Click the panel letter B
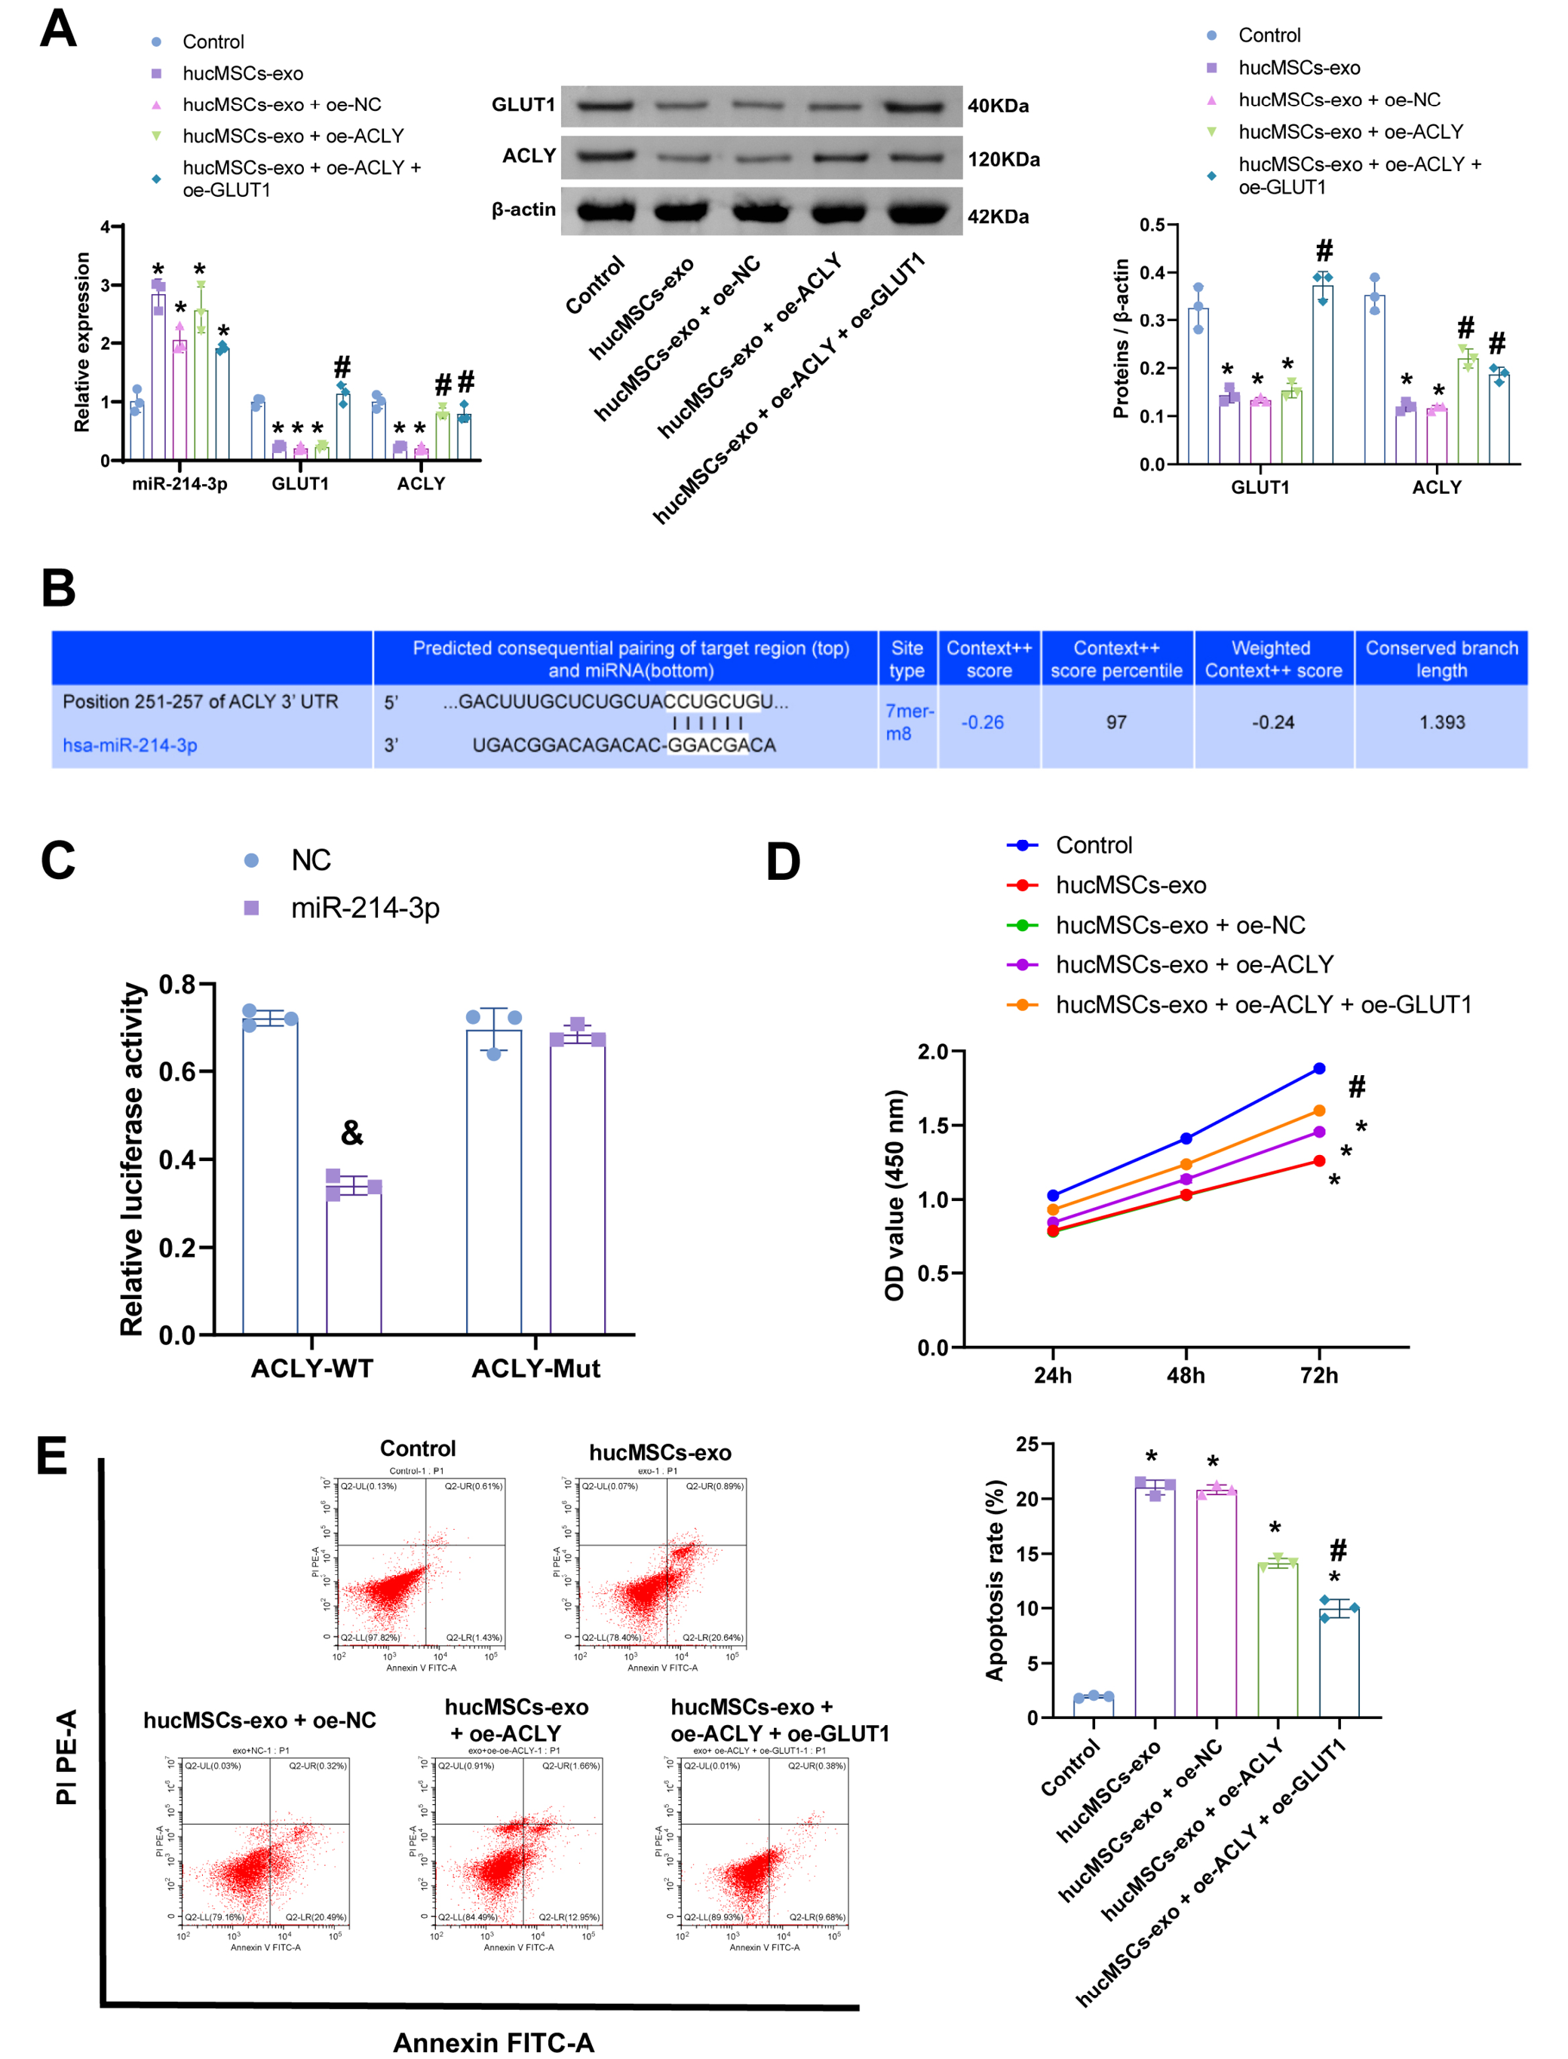point(58,589)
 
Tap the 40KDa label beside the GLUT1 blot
point(997,106)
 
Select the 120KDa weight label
point(1002,160)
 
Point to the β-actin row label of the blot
point(523,210)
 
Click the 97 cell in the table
point(1115,722)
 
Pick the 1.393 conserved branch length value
point(1441,722)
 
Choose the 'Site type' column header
point(907,659)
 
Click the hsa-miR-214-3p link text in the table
point(130,746)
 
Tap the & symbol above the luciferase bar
point(352,1132)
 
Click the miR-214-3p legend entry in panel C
point(364,908)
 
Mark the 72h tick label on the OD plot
point(1319,1375)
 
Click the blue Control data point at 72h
point(1319,1068)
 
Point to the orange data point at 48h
point(1186,1164)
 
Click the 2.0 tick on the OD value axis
point(932,1052)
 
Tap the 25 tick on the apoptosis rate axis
point(1026,1445)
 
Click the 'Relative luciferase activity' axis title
point(133,1159)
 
